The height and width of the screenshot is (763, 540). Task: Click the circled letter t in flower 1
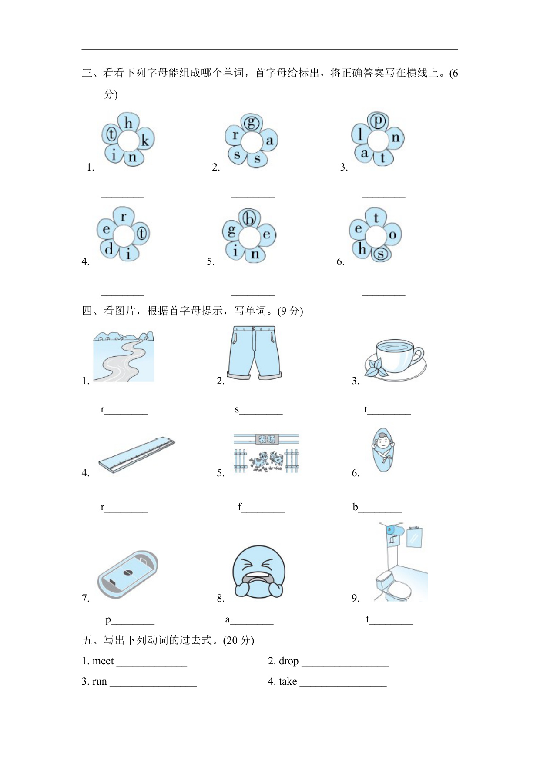coord(111,134)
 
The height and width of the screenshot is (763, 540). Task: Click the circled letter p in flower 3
coord(378,120)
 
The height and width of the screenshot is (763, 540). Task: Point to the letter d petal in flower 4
coord(109,249)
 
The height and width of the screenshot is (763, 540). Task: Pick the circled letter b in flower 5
coord(250,218)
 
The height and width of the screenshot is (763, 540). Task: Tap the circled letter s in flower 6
coord(380,254)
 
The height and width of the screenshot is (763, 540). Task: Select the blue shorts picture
coord(255,352)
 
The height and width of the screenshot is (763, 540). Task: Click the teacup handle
coord(417,355)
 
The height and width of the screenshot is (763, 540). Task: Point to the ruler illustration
coord(136,455)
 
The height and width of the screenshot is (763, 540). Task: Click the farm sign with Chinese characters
coord(267,439)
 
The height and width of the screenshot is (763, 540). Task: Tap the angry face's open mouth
coord(258,580)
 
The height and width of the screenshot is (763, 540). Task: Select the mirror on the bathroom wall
coord(414,537)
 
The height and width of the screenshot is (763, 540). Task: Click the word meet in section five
coord(103,661)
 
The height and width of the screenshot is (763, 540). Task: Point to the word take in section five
coord(288,681)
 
